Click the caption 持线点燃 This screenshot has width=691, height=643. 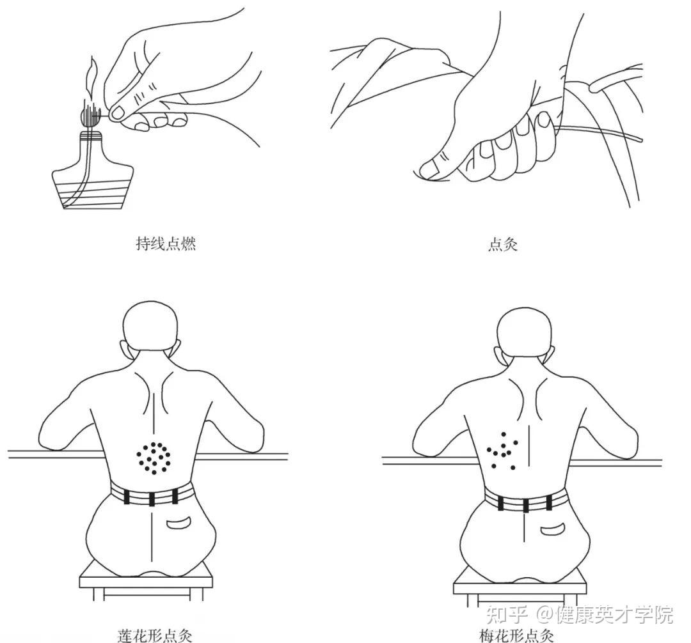[x=166, y=244]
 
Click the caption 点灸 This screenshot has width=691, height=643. [x=503, y=244]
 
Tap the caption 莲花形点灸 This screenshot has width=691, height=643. [x=155, y=635]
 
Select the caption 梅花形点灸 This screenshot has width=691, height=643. [x=516, y=636]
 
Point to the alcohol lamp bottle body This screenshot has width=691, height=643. [x=92, y=172]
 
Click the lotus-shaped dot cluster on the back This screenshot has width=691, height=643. [x=154, y=458]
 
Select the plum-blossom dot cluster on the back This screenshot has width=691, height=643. [x=503, y=451]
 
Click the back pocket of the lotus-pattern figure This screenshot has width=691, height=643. [x=179, y=523]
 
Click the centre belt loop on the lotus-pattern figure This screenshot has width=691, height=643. [x=152, y=499]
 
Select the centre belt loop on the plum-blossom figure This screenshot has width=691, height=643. [x=526, y=505]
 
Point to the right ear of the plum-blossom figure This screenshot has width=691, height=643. [x=550, y=355]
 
